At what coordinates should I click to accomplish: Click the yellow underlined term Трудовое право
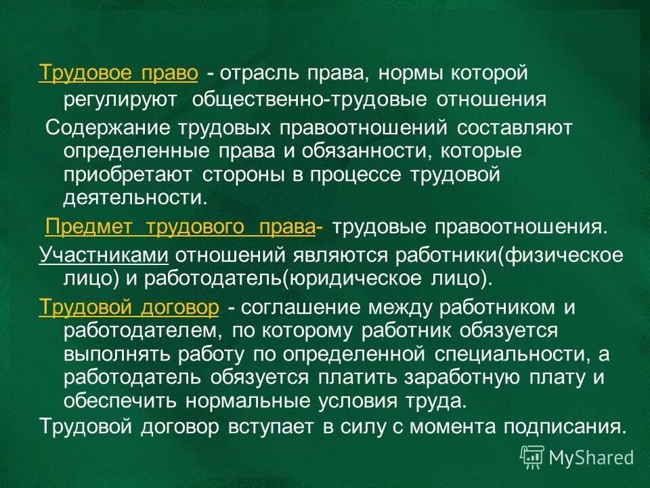click(118, 73)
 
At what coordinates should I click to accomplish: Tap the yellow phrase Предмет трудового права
click(179, 228)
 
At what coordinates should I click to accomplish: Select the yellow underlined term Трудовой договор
click(129, 307)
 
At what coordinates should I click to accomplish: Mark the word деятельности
click(133, 198)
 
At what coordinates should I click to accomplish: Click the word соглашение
click(301, 307)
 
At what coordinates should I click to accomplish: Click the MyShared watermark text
click(591, 457)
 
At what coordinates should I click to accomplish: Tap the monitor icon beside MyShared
click(532, 457)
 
